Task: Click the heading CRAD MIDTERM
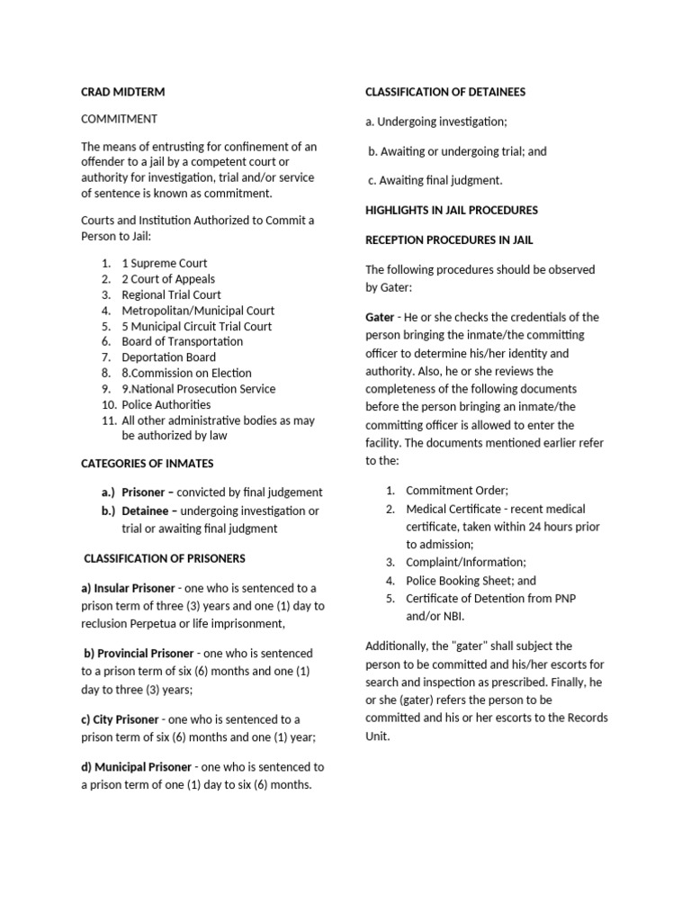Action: [122, 92]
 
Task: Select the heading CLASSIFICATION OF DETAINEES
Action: [444, 92]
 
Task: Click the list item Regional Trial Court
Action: [171, 294]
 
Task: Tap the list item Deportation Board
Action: [168, 357]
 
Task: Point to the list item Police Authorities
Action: [166, 404]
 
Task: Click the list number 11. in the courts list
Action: [109, 420]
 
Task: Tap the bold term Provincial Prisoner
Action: [139, 653]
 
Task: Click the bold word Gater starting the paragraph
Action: [380, 317]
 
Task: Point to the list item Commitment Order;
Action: [457, 491]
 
